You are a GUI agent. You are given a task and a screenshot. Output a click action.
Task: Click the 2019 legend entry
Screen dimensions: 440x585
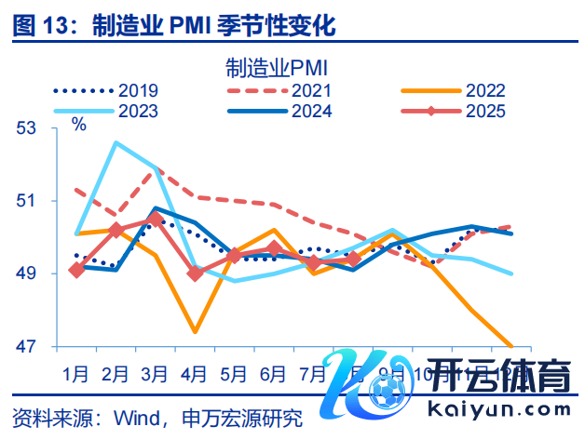pyautogui.click(x=104, y=90)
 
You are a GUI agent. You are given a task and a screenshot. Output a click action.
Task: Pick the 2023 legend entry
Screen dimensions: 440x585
pyautogui.click(x=104, y=111)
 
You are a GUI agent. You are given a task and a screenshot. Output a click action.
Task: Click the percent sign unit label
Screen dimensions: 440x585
pyautogui.click(x=79, y=125)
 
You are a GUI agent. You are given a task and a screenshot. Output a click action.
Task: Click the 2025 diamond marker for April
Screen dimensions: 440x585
pyautogui.click(x=195, y=273)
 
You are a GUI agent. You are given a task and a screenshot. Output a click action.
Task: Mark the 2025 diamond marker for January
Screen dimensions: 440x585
pyautogui.click(x=75, y=270)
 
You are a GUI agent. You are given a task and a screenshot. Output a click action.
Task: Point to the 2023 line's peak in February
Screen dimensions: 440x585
pyautogui.click(x=116, y=142)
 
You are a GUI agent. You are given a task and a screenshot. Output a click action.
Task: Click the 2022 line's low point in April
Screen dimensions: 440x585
pyautogui.click(x=195, y=331)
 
